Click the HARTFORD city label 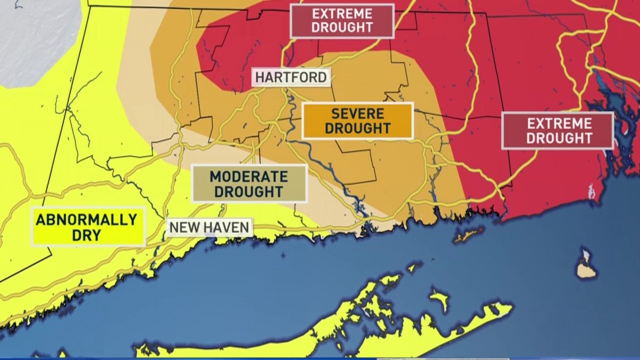pos(291,77)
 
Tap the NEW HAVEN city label pos(209,228)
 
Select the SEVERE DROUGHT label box pos(357,121)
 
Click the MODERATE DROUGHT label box pos(249,183)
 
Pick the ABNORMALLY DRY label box pos(87,227)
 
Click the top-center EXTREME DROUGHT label pos(342,21)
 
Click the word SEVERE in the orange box pos(357,114)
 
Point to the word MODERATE pos(249,176)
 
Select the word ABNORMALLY pos(87,219)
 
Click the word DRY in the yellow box pos(87,235)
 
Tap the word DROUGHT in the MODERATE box pos(249,191)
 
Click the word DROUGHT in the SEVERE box pos(357,129)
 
